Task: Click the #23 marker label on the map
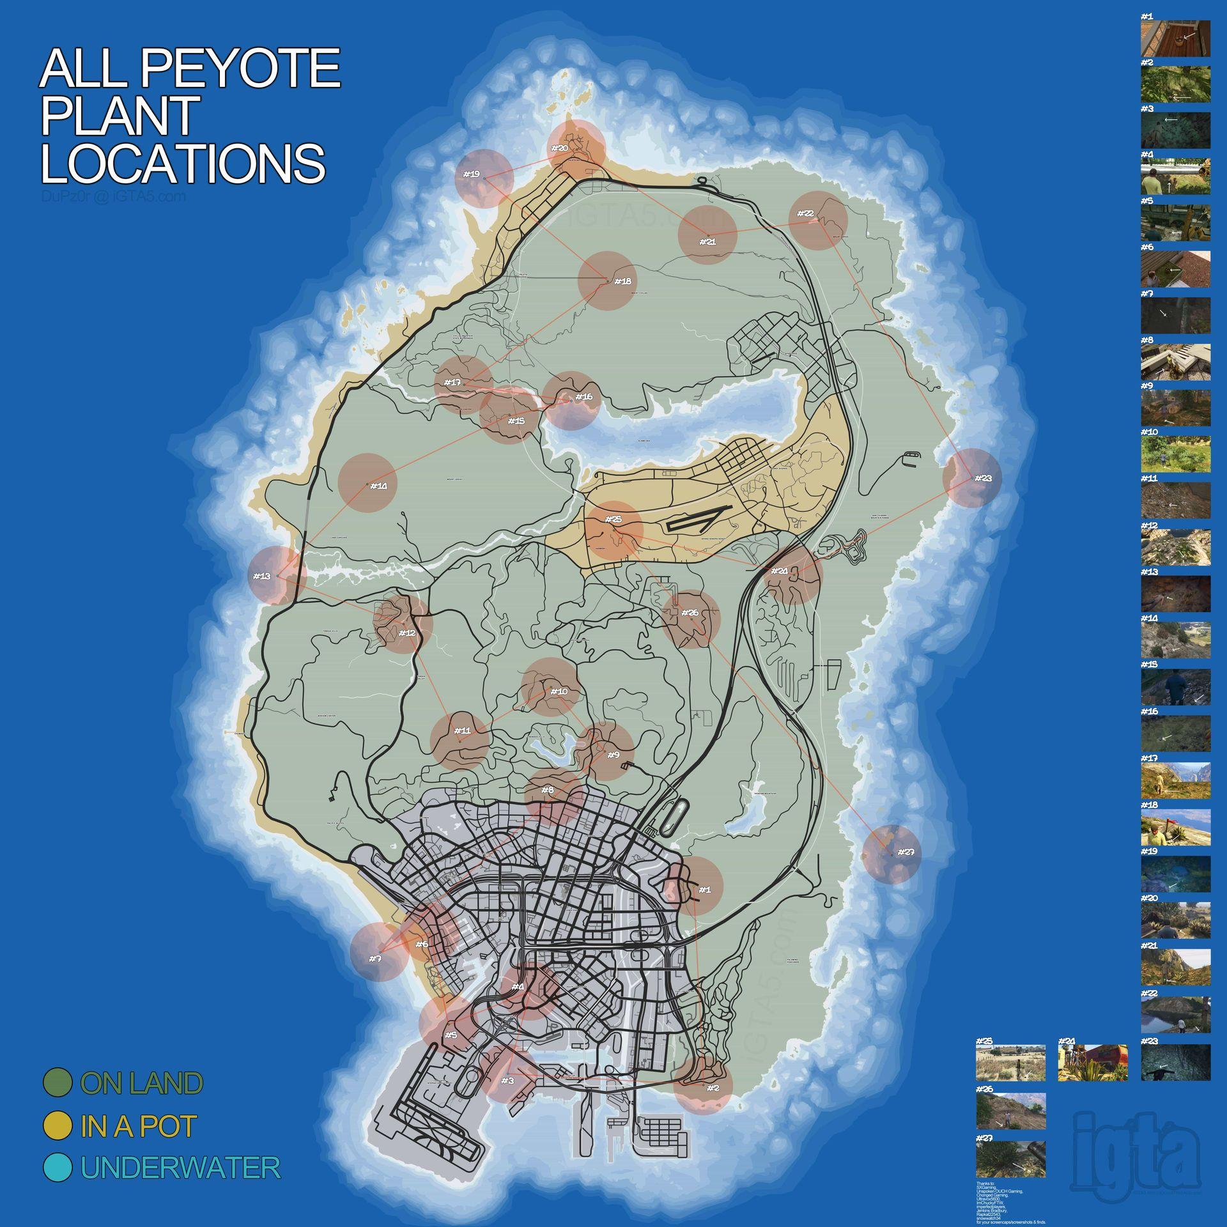tap(984, 478)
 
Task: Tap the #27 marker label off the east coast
tap(906, 852)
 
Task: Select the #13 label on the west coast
tap(261, 576)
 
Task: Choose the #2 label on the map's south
tap(713, 1088)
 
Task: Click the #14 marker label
tap(378, 486)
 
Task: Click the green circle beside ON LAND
tap(58, 1083)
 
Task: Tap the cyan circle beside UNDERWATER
tap(58, 1167)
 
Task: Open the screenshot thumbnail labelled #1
tap(1175, 38)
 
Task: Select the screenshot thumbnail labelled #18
tap(1175, 828)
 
